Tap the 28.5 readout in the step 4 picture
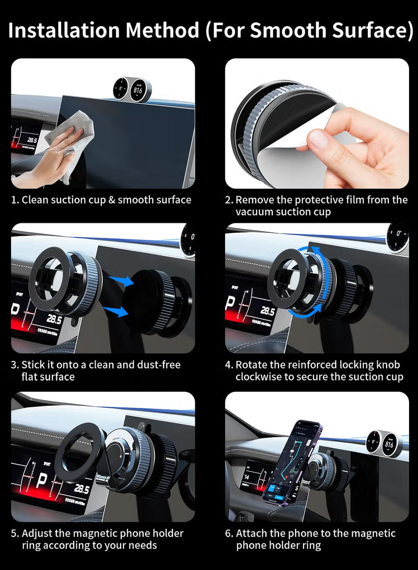(267, 312)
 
